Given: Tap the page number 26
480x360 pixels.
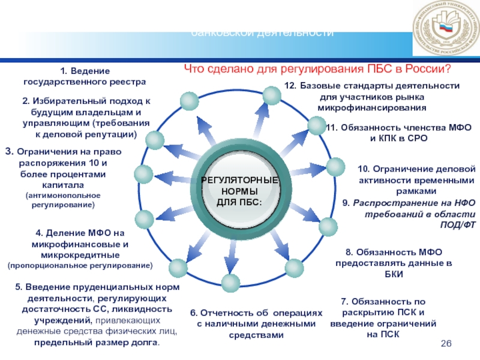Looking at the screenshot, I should coord(445,342).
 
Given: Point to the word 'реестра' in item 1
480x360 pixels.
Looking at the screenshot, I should coord(127,80).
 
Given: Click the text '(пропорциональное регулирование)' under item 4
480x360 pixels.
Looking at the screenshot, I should coord(80,265).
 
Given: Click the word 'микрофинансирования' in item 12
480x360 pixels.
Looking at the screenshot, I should coord(371,107).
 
